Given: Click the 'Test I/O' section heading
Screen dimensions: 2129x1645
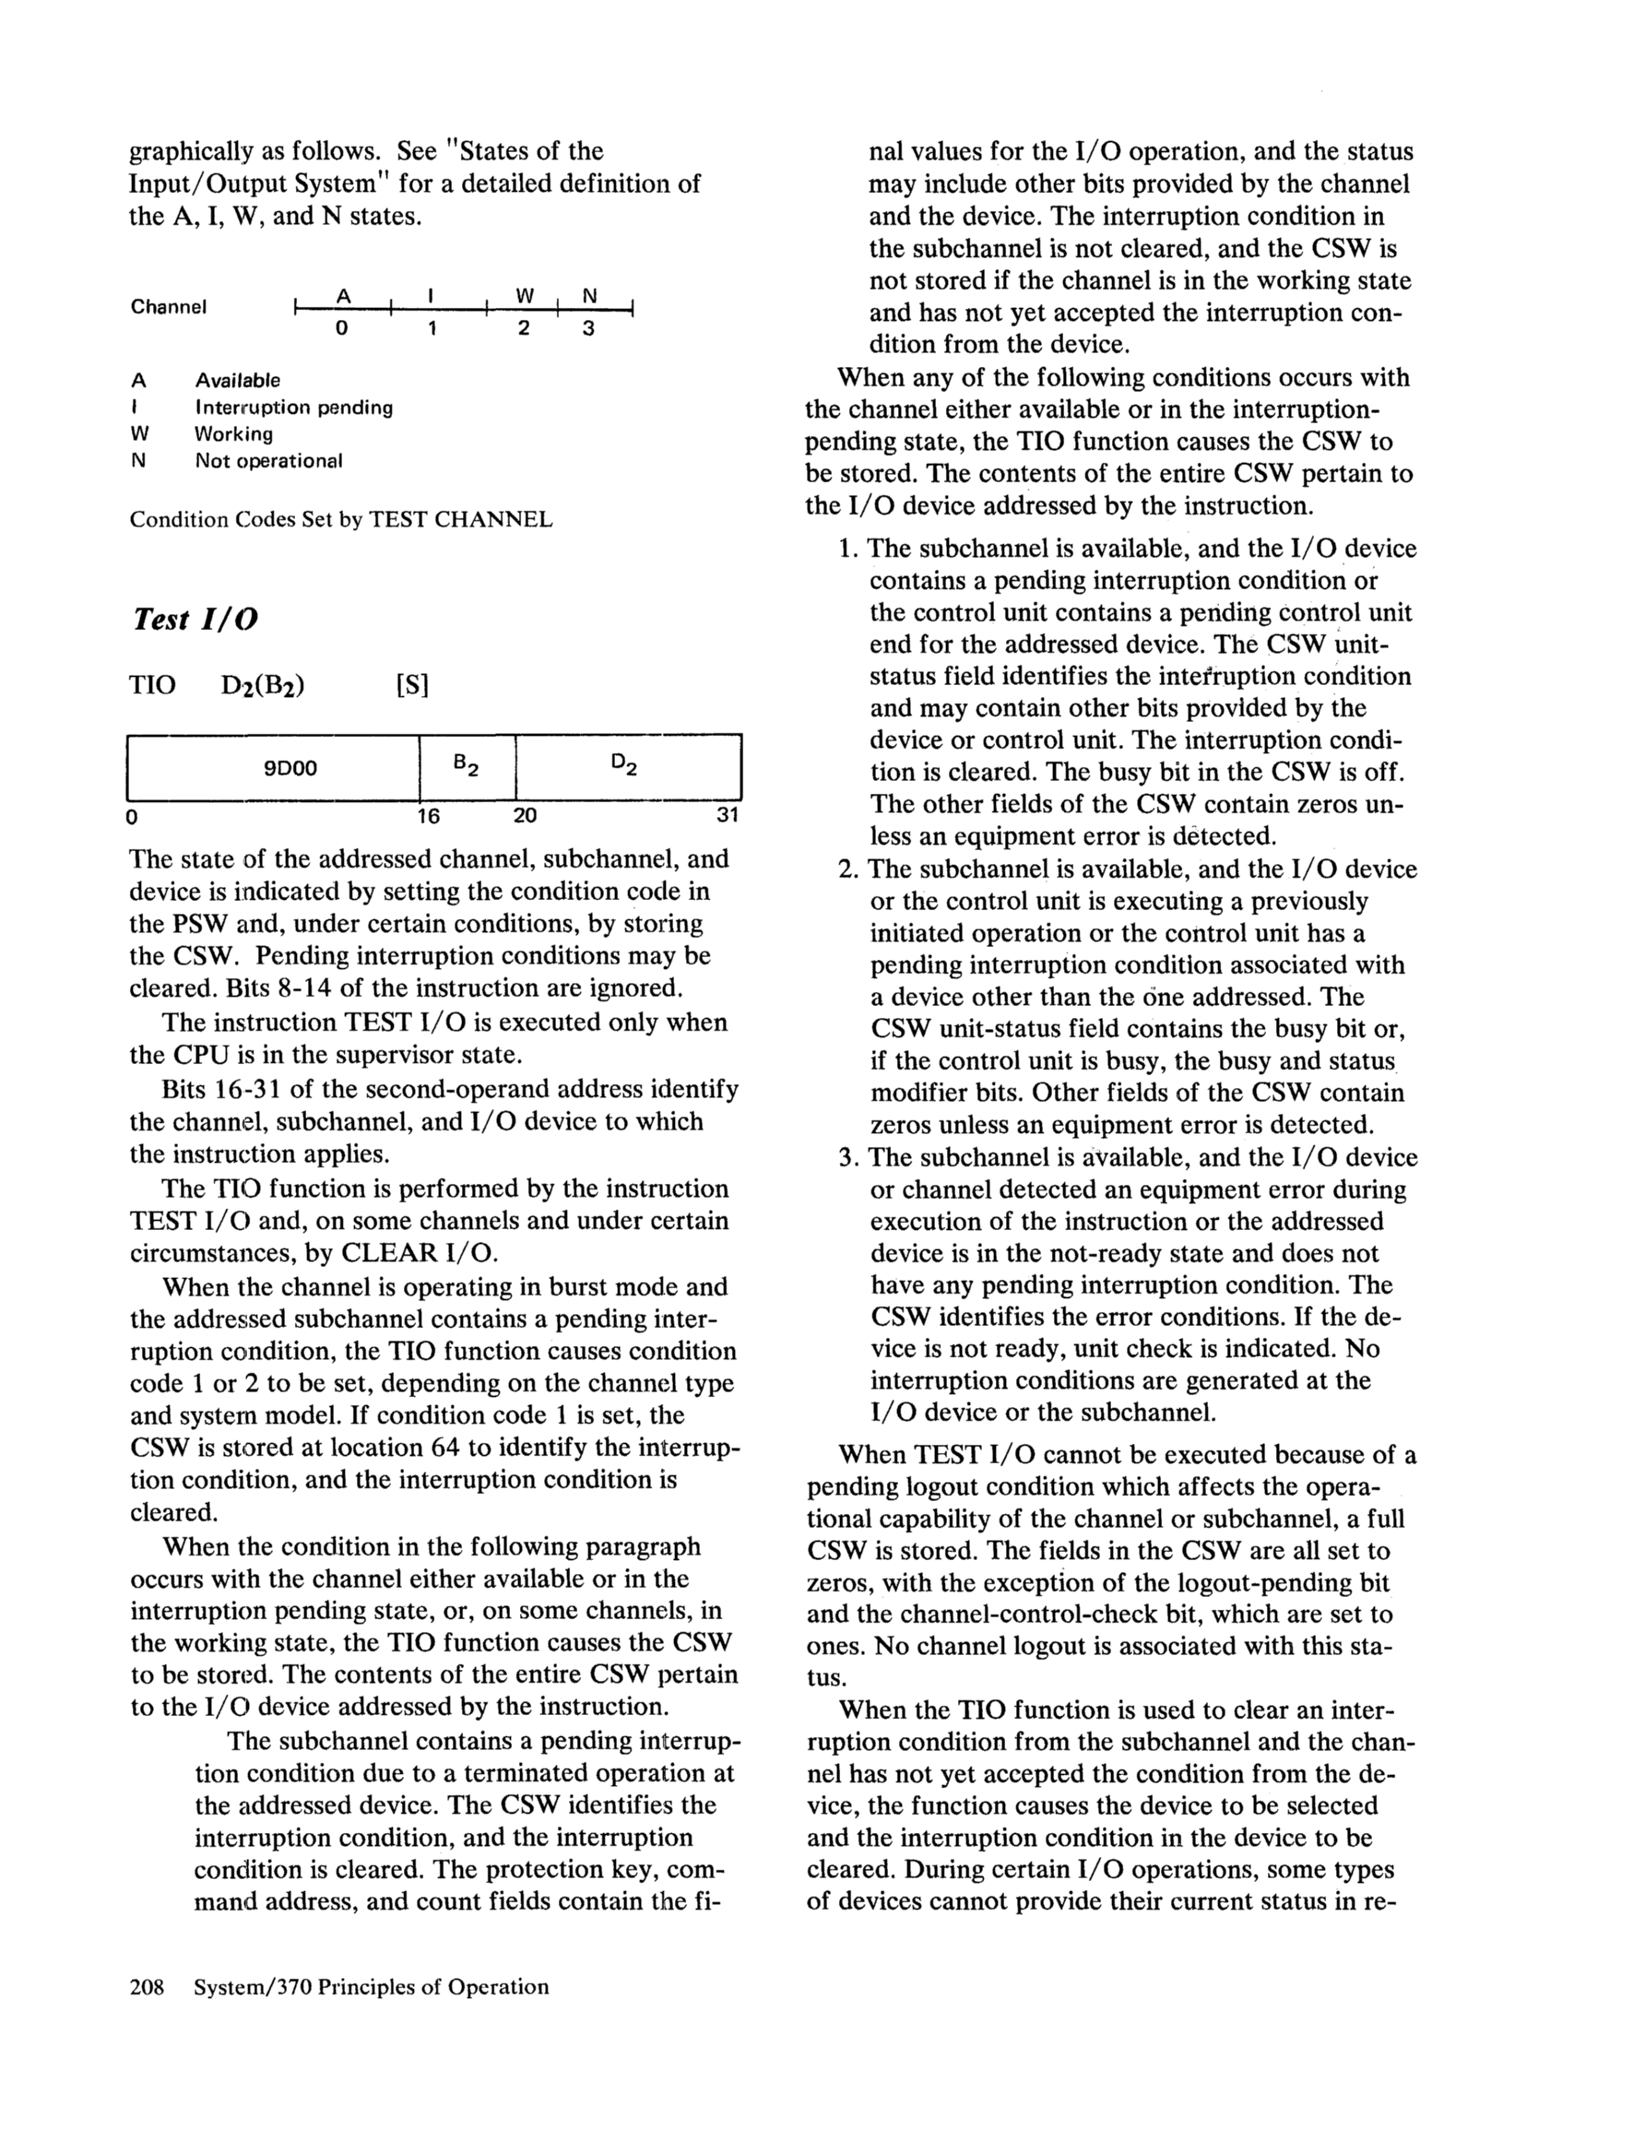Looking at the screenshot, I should click(x=194, y=620).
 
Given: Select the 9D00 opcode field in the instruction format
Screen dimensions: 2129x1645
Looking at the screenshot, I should click(x=290, y=768).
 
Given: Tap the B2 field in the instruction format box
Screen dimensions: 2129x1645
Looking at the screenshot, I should click(x=466, y=767).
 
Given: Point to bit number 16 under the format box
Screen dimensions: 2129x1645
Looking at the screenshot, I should click(x=428, y=816).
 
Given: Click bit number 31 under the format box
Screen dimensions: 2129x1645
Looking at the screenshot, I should click(x=728, y=816).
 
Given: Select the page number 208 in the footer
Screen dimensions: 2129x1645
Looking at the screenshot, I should click(x=149, y=1986).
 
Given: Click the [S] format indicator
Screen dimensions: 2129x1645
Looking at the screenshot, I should click(x=412, y=685).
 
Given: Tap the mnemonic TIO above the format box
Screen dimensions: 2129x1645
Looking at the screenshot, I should click(x=152, y=685).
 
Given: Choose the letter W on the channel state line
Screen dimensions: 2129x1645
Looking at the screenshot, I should click(x=525, y=294).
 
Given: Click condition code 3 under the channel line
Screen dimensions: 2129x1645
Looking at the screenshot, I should click(x=588, y=329).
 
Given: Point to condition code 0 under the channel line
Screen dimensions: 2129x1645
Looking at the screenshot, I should click(x=340, y=329).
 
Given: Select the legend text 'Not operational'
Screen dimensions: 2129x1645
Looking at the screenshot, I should click(x=268, y=461).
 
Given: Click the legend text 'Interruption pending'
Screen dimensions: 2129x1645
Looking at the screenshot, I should click(x=293, y=408).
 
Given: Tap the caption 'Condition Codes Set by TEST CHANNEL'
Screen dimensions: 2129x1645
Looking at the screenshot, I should click(x=340, y=520).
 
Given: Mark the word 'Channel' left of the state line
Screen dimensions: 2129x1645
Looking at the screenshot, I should click(x=169, y=307).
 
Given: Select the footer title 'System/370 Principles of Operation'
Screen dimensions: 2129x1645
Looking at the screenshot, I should click(x=372, y=1986).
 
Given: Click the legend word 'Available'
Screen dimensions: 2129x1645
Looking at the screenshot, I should click(x=237, y=380).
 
